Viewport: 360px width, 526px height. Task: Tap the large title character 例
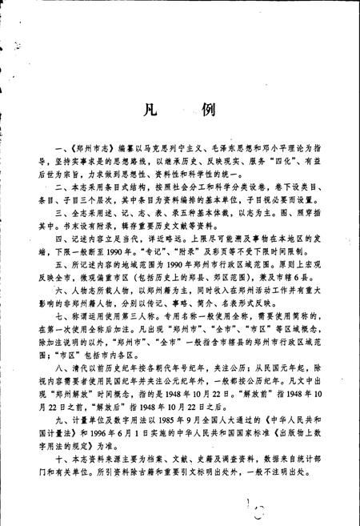click(x=204, y=110)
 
